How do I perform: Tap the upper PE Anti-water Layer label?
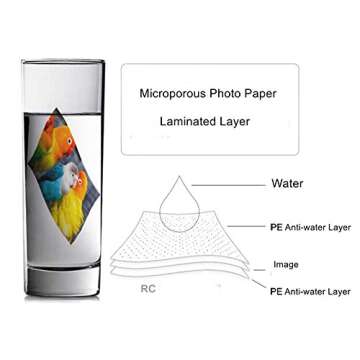coord(309,226)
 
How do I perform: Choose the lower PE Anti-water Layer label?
coord(309,291)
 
